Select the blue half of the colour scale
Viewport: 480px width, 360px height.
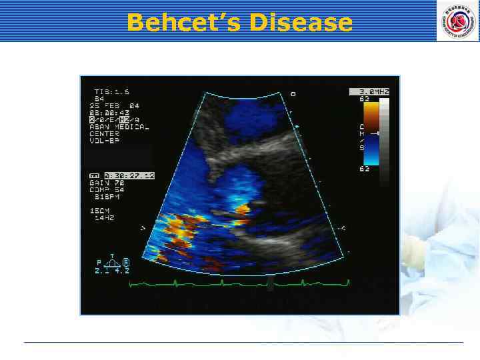[x=371, y=151]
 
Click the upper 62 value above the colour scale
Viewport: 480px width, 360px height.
[x=365, y=99]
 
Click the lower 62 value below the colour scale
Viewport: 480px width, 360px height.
[x=365, y=169]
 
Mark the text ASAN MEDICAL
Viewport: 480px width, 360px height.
[x=121, y=126]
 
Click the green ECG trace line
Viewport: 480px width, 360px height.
[x=240, y=283]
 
